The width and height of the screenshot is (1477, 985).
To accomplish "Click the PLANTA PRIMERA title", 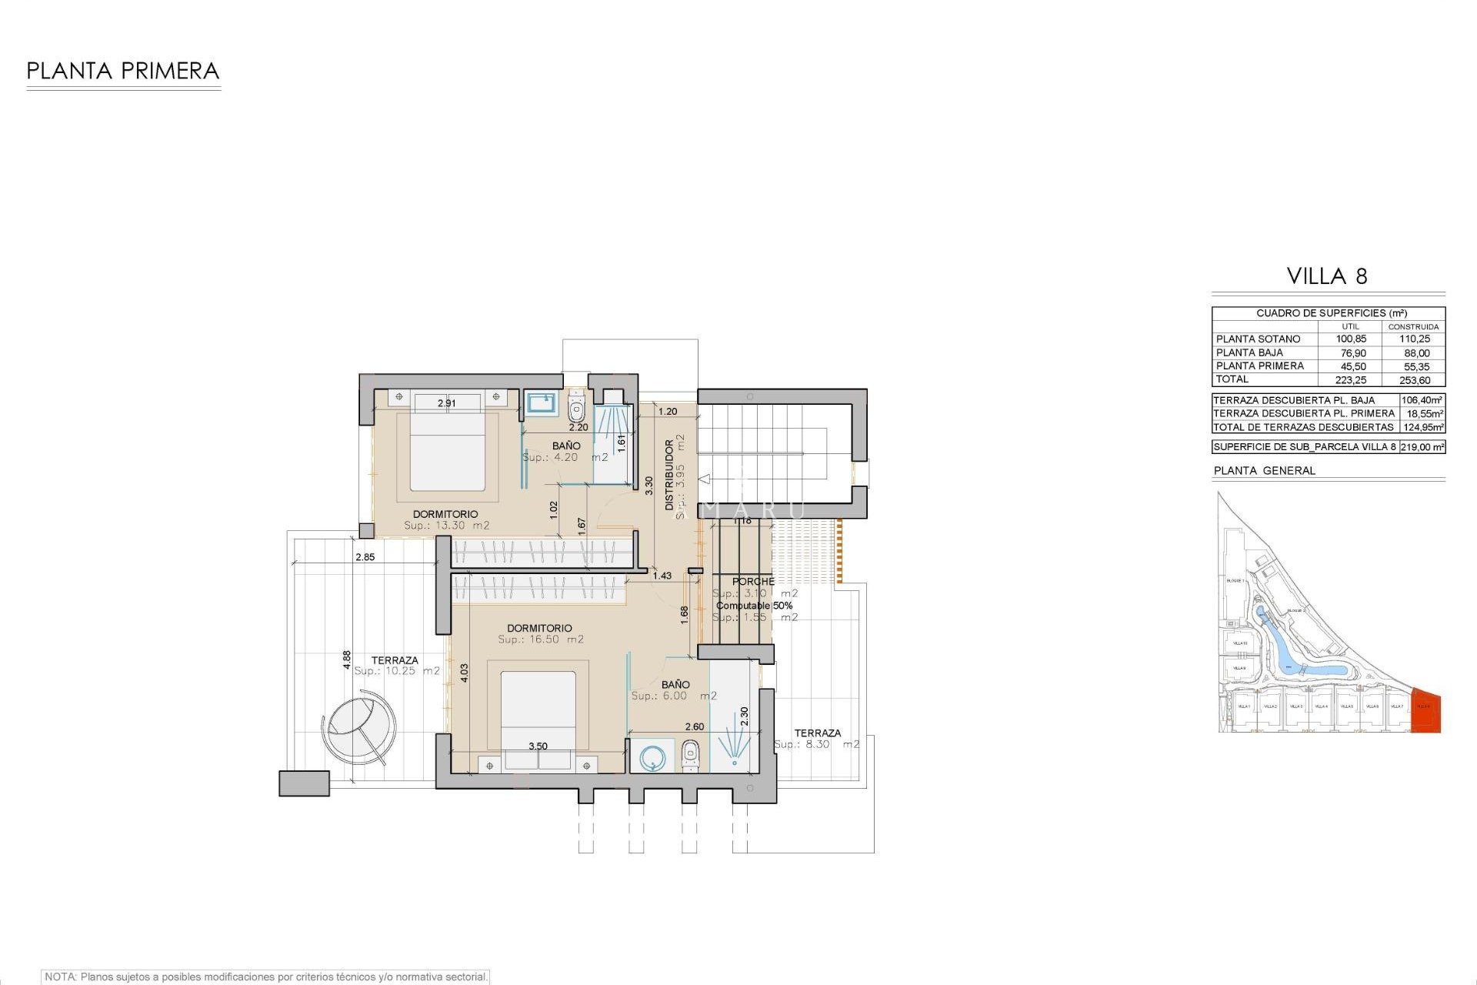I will pos(123,72).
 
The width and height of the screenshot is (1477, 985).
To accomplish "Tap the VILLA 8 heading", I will pos(1327,276).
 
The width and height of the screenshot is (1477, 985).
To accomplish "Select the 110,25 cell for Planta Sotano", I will pos(1414,339).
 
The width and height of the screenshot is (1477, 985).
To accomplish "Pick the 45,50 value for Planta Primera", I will pos(1352,366).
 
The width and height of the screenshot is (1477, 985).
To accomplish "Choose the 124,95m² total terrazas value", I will pos(1422,427).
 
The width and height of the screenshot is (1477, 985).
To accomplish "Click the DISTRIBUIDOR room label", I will pos(669,475).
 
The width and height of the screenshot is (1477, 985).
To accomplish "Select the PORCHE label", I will pos(753,582).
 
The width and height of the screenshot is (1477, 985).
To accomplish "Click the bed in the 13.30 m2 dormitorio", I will pos(448,450).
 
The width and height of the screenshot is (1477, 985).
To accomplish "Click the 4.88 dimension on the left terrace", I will pos(347,659).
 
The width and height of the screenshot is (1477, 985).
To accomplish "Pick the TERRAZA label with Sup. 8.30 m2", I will pos(817,733).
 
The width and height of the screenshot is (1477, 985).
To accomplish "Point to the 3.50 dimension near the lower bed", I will pos(538,746).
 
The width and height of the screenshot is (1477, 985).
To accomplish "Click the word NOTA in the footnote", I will pos(60,977).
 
